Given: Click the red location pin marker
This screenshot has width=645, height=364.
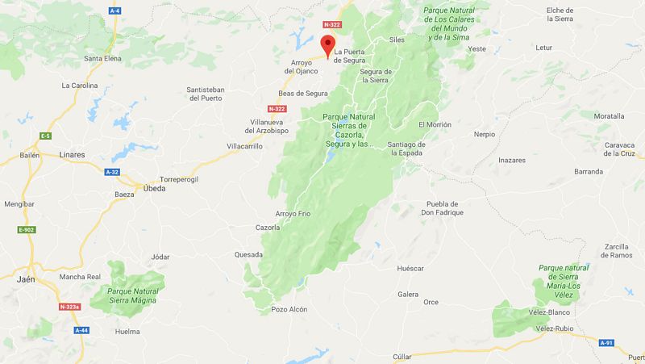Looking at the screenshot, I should click(328, 45).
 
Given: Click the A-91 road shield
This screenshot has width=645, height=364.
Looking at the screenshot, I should click(607, 343).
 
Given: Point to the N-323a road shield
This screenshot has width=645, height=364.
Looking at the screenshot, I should click(73, 307).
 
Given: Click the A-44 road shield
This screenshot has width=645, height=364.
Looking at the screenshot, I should click(81, 330).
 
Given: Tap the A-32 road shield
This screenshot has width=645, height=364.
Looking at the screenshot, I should click(111, 172).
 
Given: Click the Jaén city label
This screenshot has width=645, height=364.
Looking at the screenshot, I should click(26, 279).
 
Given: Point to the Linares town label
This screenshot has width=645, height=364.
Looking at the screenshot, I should click(73, 153).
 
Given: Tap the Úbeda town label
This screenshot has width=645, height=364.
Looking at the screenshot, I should click(153, 188).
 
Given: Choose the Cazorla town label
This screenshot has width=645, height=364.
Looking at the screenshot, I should click(267, 228).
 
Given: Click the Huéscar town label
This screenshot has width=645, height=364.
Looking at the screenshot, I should click(410, 268).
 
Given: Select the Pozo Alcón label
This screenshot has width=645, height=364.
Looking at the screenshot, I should click(289, 309).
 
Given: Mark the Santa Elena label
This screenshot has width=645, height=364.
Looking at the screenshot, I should click(103, 58).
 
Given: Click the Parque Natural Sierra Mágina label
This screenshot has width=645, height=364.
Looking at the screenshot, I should click(131, 295).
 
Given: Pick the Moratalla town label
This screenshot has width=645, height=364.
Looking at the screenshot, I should click(609, 116).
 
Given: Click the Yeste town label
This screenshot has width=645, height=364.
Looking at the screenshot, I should click(477, 48).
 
